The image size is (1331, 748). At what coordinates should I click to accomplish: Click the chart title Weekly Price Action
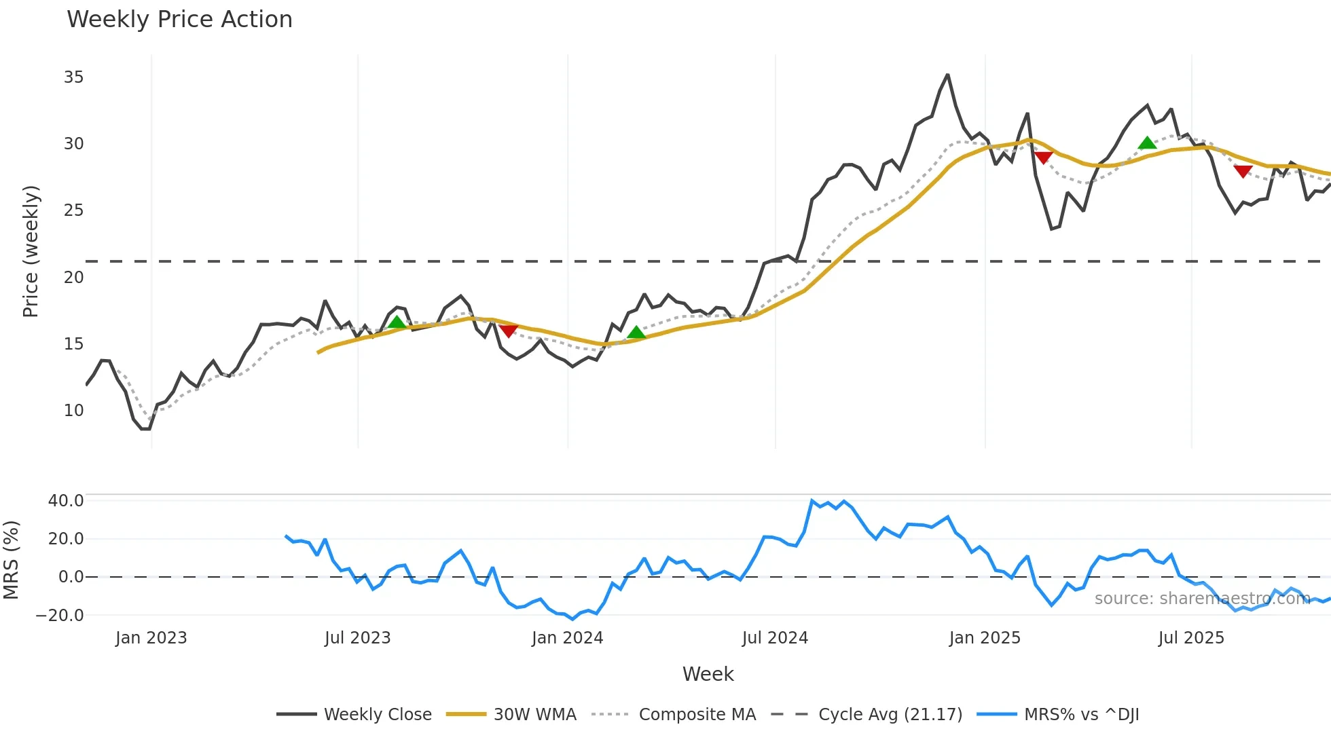[179, 20]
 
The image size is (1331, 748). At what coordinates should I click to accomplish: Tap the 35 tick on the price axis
[73, 77]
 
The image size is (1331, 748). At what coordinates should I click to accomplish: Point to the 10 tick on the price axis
[73, 411]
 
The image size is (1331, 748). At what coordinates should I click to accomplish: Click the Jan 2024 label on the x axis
[567, 638]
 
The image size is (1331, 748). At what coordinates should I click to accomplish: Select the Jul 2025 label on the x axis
[1191, 638]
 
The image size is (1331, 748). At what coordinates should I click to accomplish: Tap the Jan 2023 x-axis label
[151, 638]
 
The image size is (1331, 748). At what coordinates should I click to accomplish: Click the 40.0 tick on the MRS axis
[66, 501]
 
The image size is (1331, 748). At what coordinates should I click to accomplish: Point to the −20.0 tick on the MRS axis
[60, 616]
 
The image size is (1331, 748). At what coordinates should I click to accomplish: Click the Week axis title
[708, 674]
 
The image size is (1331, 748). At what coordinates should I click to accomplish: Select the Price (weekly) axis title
[31, 251]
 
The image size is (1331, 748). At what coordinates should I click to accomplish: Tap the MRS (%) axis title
[11, 560]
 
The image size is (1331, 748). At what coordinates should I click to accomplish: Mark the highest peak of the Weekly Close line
[947, 75]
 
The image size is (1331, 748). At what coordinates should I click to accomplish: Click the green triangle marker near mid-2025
[1147, 143]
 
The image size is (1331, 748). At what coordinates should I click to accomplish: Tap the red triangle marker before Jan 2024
[509, 331]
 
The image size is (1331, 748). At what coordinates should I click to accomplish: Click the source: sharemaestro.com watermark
[1202, 599]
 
